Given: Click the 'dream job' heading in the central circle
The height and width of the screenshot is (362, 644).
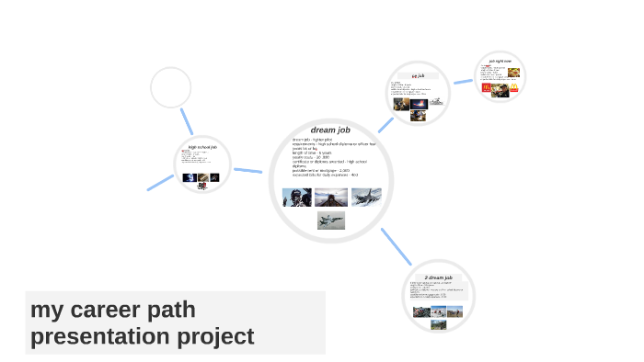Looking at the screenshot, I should (330, 130).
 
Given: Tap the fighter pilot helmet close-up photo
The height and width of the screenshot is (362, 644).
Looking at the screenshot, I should (296, 197).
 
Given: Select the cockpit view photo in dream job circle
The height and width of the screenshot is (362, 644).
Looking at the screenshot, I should (331, 197).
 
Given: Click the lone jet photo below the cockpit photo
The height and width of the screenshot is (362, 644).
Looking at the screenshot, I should (331, 220).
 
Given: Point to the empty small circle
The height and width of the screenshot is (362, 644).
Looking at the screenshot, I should (170, 88).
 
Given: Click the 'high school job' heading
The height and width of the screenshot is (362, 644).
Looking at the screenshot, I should (201, 147).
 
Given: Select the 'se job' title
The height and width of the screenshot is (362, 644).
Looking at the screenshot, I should (418, 75).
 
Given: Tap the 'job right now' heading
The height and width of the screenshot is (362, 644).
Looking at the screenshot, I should (500, 62).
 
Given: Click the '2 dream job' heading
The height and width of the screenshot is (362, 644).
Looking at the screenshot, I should (438, 277).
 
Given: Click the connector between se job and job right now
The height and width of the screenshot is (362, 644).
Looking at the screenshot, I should (463, 81).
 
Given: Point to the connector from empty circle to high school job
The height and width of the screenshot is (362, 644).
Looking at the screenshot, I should (187, 122).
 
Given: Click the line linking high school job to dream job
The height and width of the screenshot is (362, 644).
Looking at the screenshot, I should (247, 171).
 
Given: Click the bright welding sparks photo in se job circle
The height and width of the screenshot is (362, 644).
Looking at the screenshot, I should (418, 104).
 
